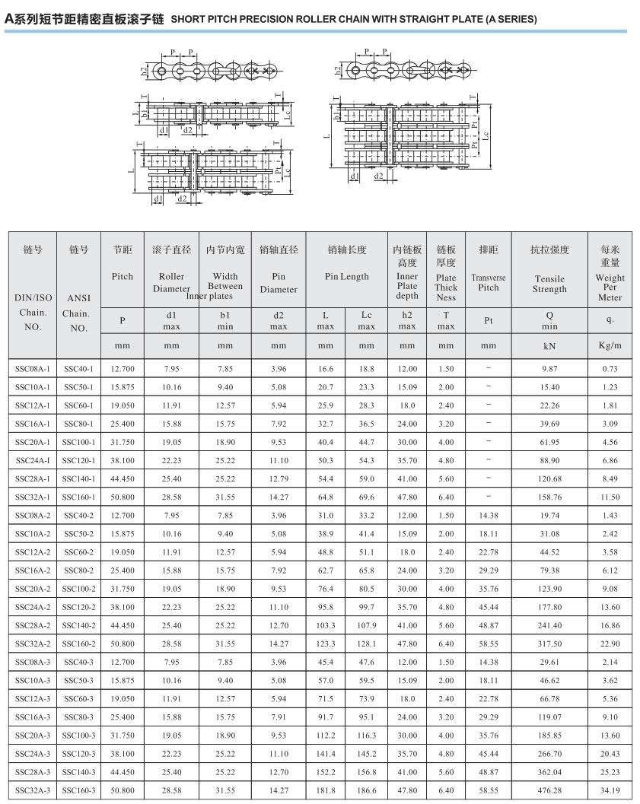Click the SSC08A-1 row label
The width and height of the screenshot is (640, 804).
pos(32,369)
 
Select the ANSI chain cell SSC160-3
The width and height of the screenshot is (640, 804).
pos(79,791)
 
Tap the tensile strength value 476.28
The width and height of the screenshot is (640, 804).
pos(549,791)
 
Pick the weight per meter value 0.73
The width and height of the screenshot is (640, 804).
pos(610,369)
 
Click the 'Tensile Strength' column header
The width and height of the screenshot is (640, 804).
pos(549,284)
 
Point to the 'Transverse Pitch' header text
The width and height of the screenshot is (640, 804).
pos(489,283)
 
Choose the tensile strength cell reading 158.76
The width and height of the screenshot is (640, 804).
pos(549,497)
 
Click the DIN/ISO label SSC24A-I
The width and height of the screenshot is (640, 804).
pos(32,461)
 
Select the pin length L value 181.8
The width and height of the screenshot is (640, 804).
pos(326,791)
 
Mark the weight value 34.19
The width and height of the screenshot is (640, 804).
pos(610,791)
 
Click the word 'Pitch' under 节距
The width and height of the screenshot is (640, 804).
pos(123,277)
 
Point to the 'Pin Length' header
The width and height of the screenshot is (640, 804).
pos(346,277)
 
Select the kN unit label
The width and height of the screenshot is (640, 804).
pos(549,345)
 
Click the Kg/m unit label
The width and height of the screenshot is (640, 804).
pos(610,345)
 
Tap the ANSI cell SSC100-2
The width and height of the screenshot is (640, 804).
pos(79,589)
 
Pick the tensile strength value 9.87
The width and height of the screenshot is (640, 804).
pos(549,369)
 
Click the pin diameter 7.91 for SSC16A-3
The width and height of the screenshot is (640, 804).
pos(279,717)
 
